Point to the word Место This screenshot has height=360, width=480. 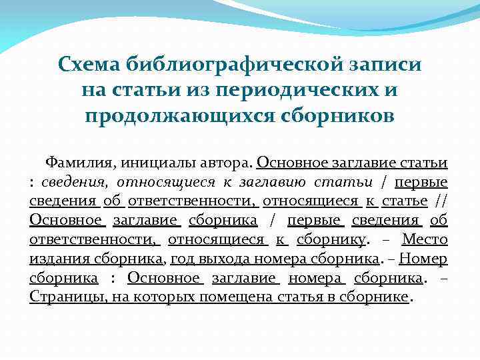click(425, 239)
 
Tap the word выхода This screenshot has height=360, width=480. click(224, 259)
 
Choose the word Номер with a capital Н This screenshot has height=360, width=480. click(426, 259)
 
